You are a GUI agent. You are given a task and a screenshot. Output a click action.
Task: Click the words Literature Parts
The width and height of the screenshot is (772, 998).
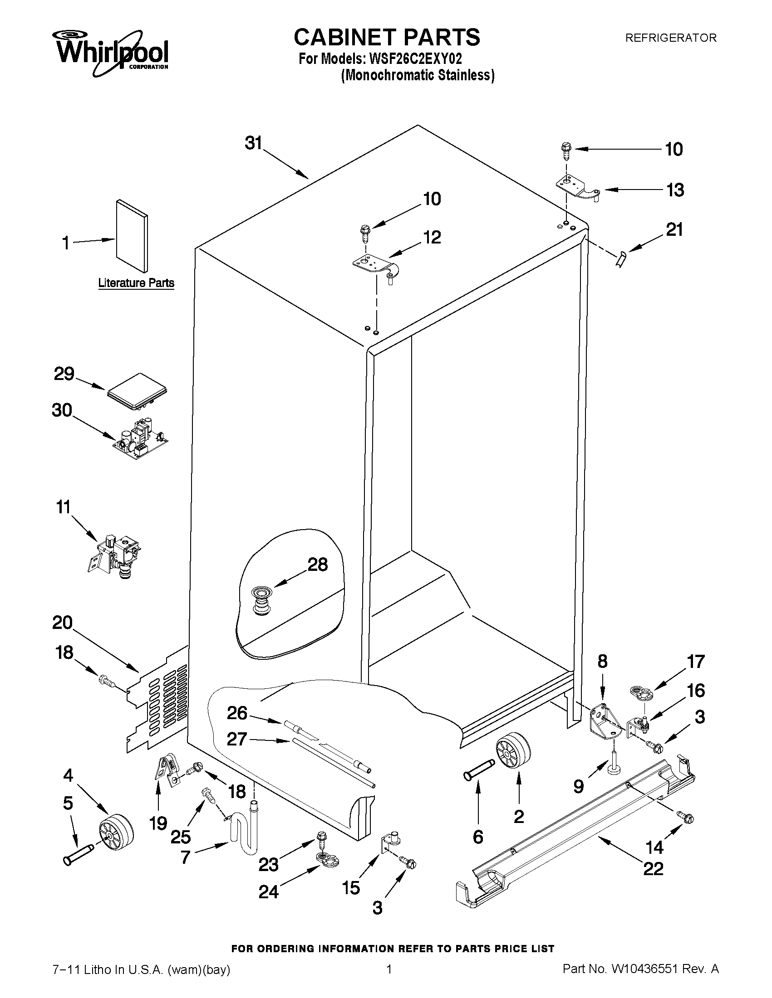(x=136, y=283)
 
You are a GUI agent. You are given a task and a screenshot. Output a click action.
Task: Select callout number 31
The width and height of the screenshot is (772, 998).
(x=253, y=143)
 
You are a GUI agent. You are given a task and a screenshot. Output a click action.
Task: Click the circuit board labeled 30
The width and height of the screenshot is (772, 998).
(x=140, y=438)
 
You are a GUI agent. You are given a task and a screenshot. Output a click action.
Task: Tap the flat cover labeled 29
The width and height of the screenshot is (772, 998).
(x=137, y=391)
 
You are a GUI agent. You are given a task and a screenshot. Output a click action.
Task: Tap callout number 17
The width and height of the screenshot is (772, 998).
(x=696, y=661)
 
